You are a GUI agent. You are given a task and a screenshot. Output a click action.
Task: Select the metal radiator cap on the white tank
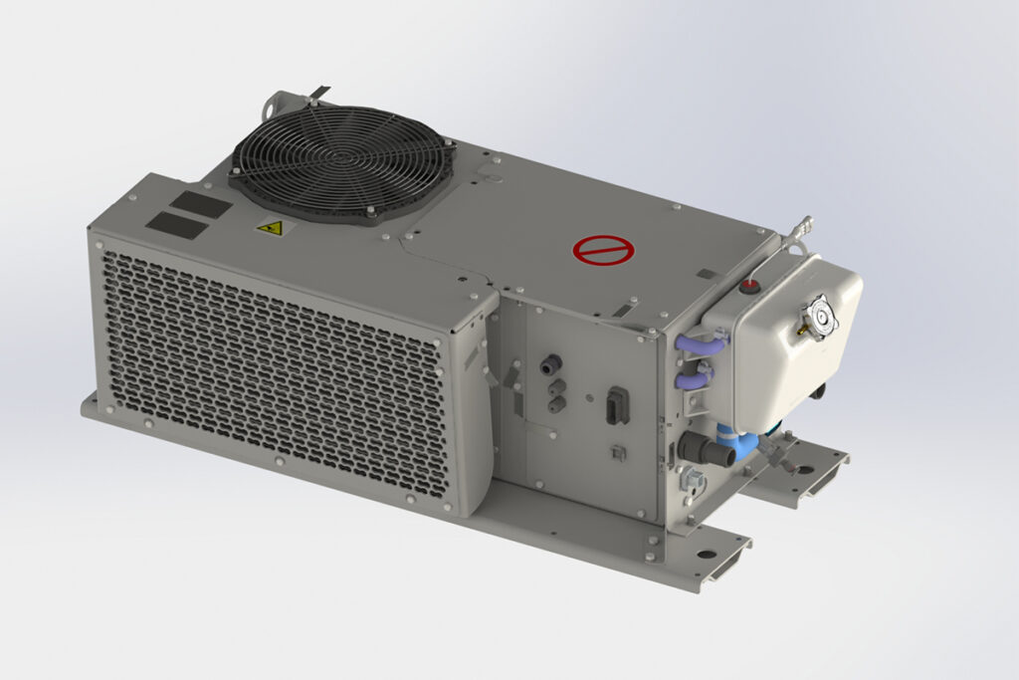[823, 319]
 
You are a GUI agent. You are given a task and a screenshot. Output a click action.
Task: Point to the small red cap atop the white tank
[747, 288]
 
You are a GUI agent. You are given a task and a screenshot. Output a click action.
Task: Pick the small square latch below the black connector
[617, 453]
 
